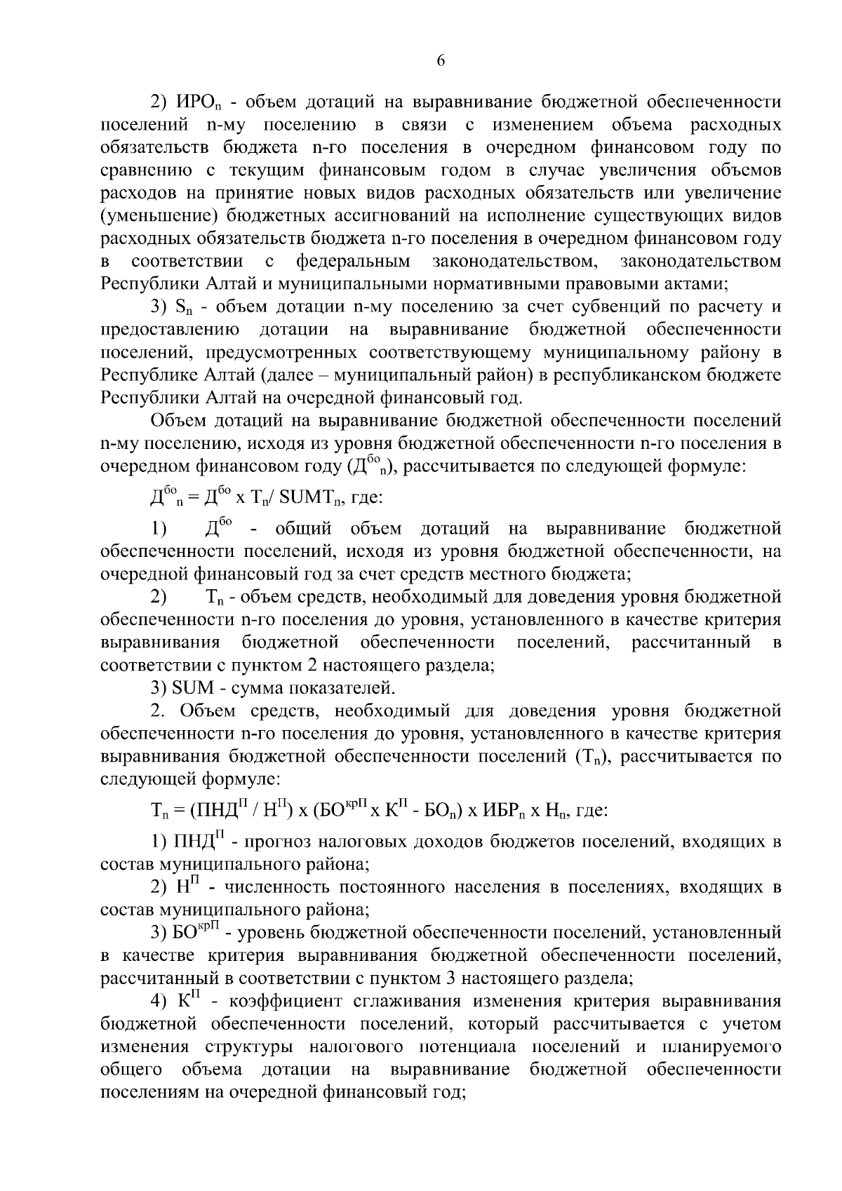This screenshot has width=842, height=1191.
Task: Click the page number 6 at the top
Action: pos(441,61)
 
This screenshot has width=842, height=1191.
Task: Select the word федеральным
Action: pos(353,262)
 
